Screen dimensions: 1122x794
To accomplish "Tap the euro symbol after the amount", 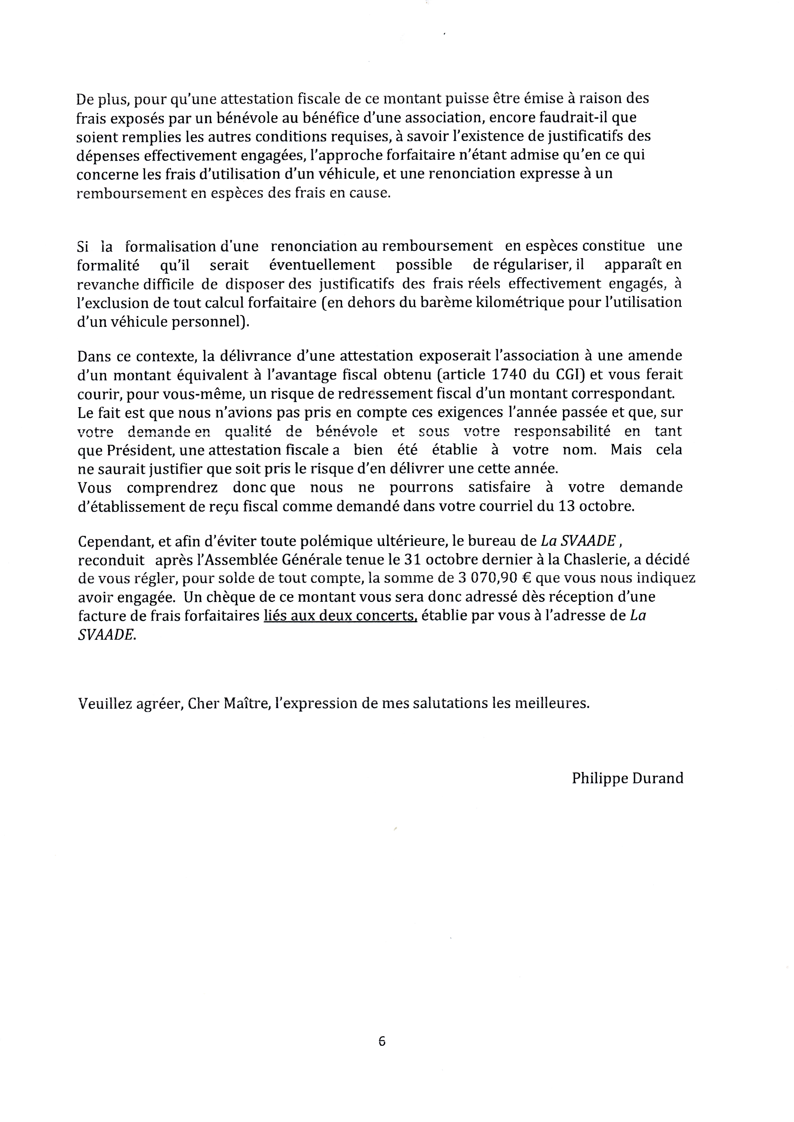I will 527,578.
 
